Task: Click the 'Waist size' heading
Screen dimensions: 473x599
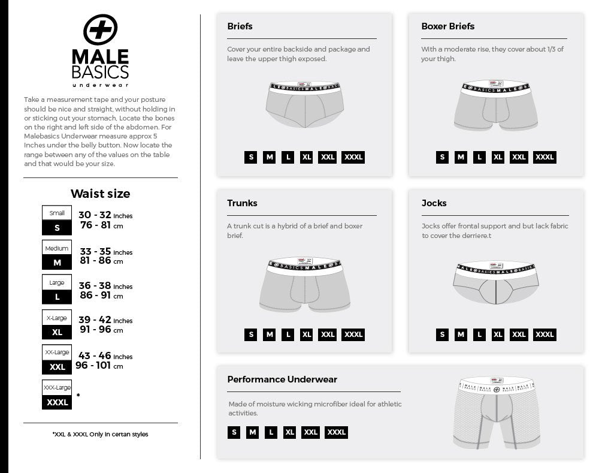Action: pos(100,194)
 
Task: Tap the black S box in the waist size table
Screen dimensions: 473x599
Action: pos(57,228)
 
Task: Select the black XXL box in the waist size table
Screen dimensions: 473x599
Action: pos(57,367)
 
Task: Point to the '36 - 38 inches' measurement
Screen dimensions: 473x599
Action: pos(105,286)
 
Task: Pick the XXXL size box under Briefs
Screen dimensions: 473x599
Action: pos(353,158)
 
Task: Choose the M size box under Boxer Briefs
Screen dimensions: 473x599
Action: pos(461,158)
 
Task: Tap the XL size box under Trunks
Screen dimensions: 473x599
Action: pos(306,335)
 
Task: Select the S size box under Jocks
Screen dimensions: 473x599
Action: pos(442,335)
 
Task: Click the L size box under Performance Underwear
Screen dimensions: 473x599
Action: pos(271,432)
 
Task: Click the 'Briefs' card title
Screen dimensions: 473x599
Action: pos(240,26)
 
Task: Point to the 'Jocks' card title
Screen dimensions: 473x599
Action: pos(434,203)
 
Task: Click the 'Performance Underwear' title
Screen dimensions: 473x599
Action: pos(282,379)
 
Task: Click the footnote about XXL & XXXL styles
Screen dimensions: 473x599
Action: pos(100,434)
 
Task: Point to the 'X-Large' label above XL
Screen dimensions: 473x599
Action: pos(57,318)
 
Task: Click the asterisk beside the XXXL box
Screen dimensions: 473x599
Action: pos(78,396)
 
